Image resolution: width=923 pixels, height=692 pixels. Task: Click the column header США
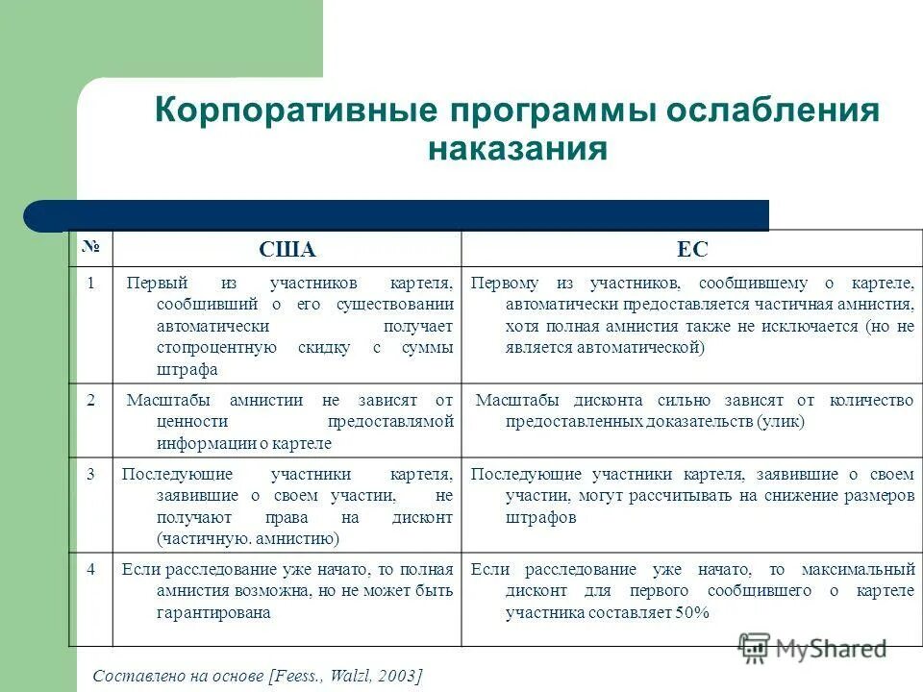(287, 250)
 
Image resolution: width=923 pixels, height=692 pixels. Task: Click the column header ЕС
(692, 250)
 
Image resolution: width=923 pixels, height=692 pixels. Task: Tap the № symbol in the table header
(90, 247)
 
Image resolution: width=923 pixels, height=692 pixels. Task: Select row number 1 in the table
(90, 284)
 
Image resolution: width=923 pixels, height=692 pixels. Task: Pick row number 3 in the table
(90, 475)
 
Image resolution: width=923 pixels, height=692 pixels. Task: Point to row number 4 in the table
(90, 568)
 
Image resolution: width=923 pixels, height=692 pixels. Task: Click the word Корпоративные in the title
(292, 110)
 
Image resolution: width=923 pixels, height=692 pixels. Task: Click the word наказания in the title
(517, 150)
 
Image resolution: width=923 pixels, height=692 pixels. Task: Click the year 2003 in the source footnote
(398, 676)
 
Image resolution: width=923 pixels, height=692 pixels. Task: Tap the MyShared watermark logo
(812, 648)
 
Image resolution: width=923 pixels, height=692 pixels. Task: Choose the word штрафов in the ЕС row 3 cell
(540, 517)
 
